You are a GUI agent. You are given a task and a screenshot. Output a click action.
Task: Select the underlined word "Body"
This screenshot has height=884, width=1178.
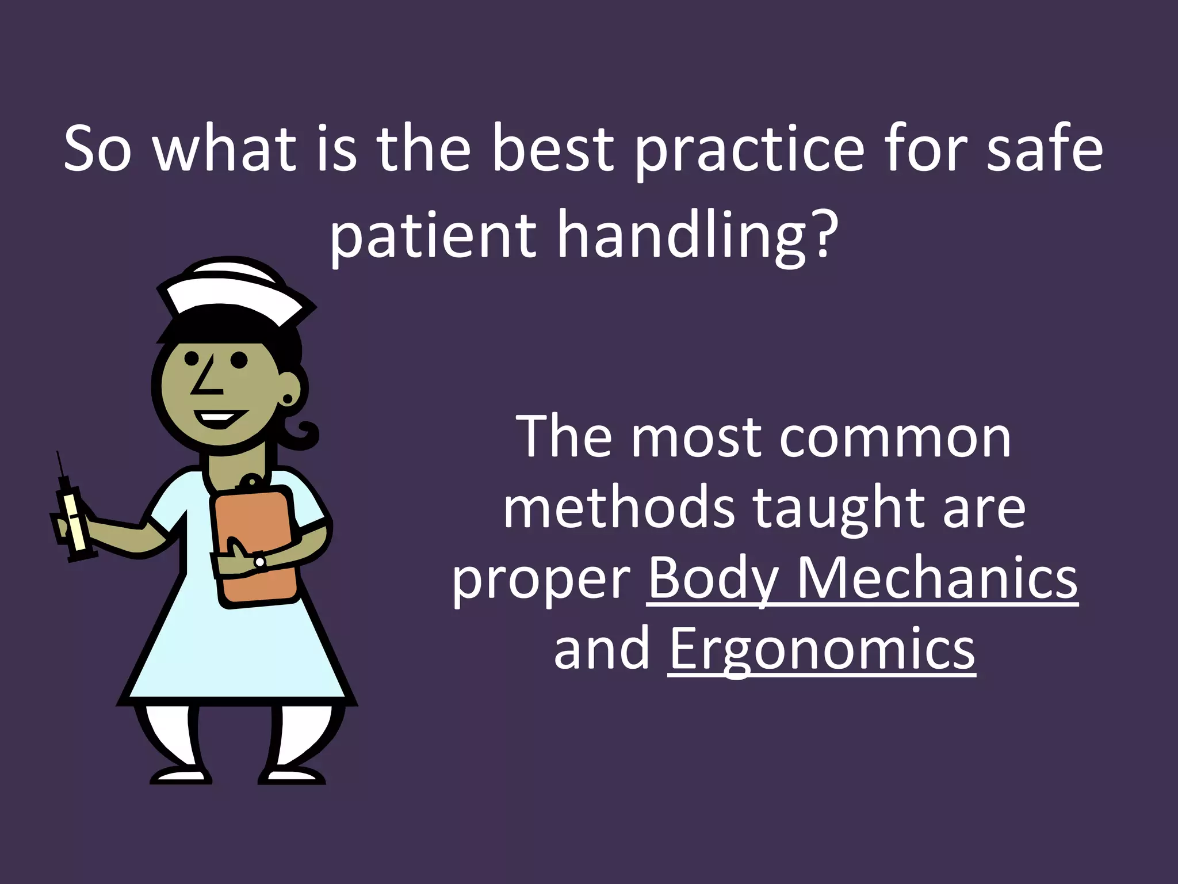(713, 578)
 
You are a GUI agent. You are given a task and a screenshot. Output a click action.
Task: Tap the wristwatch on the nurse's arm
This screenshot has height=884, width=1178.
(260, 561)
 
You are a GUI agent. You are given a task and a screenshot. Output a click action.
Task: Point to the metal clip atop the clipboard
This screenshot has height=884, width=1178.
(250, 482)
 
